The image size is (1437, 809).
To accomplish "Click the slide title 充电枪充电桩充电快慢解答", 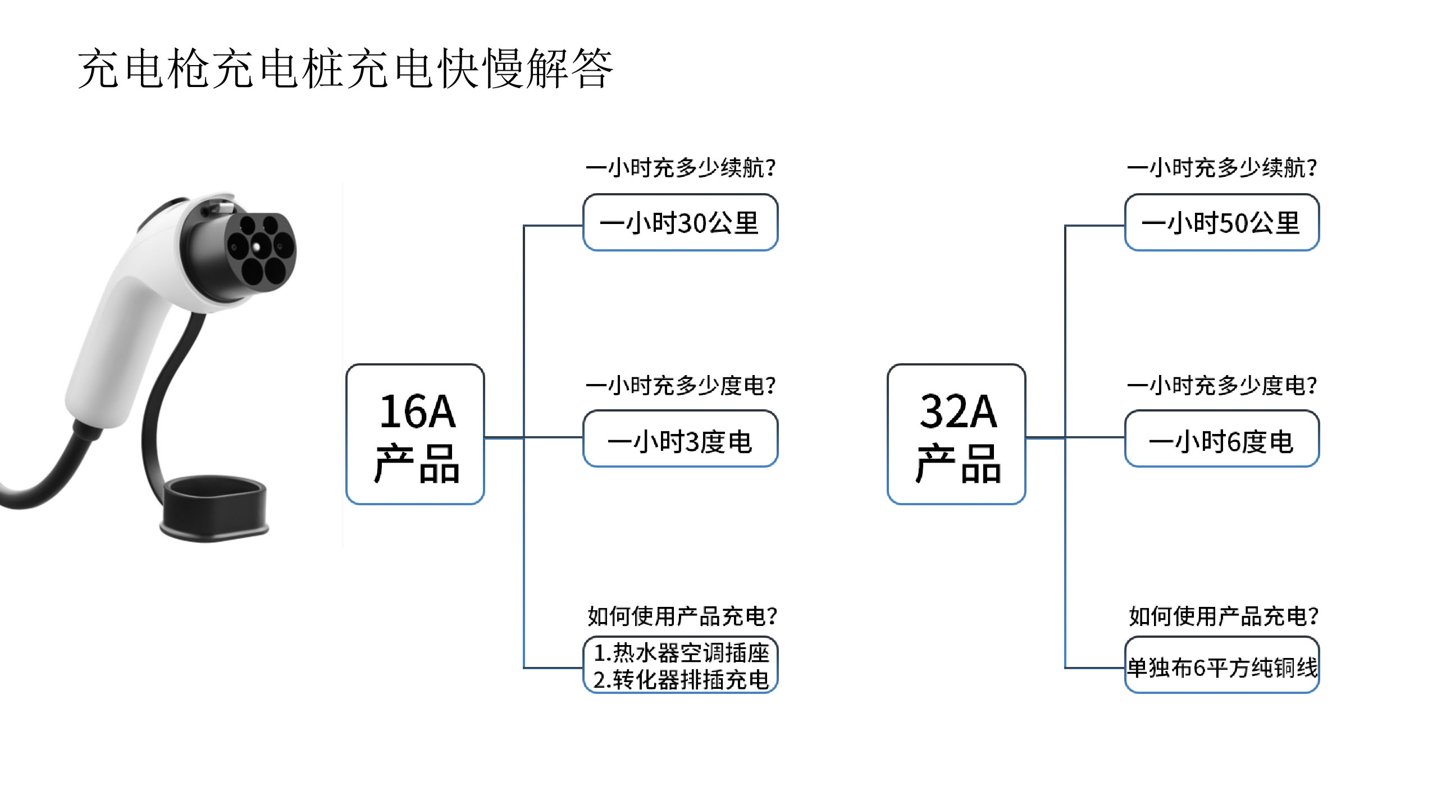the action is coord(345,68).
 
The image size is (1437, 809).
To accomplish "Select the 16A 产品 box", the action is coord(415,434).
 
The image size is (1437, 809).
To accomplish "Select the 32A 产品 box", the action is coord(956,434).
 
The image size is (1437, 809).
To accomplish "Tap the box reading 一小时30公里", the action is coord(681,222).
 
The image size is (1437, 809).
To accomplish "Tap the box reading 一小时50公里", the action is coord(1222,222).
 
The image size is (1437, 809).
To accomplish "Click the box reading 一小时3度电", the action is coord(681,438).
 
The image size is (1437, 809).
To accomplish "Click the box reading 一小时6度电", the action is coord(1222,438).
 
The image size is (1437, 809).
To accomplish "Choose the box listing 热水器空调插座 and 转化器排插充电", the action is coord(681,665).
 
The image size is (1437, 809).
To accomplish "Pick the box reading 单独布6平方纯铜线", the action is coord(1222,665).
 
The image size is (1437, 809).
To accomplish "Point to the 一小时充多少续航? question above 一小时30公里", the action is coord(681,167).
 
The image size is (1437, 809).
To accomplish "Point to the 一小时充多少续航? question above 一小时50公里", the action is coord(1222,167).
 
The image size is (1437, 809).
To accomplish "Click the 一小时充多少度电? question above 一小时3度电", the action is coord(681,385).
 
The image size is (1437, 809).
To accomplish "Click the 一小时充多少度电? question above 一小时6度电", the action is coord(1222,385).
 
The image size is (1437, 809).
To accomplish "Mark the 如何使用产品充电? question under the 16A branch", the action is coord(682,616).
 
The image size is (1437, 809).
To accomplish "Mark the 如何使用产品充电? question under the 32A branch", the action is coord(1224,616).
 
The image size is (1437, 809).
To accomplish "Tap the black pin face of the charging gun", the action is coord(260,250).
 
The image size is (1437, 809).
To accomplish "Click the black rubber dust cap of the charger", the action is coord(214,508).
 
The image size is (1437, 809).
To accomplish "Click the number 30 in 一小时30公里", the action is coord(692,223).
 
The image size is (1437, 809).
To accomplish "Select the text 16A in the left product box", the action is coord(417,411).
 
